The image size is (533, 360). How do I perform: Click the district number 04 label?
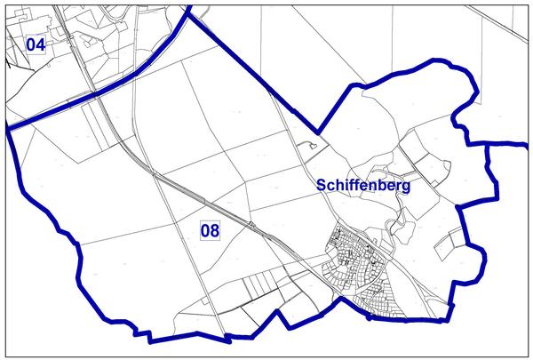36,44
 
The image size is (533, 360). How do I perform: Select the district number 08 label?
210,231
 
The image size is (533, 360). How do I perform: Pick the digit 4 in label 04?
40,44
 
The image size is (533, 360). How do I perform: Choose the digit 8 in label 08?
215,231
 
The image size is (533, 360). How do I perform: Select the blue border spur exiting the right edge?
511,141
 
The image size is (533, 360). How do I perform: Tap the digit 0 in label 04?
31,44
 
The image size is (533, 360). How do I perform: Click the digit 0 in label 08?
205,231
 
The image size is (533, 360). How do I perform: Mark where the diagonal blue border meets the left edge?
9,129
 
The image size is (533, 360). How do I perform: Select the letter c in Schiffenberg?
331,186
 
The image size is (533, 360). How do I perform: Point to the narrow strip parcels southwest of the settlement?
258,289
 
